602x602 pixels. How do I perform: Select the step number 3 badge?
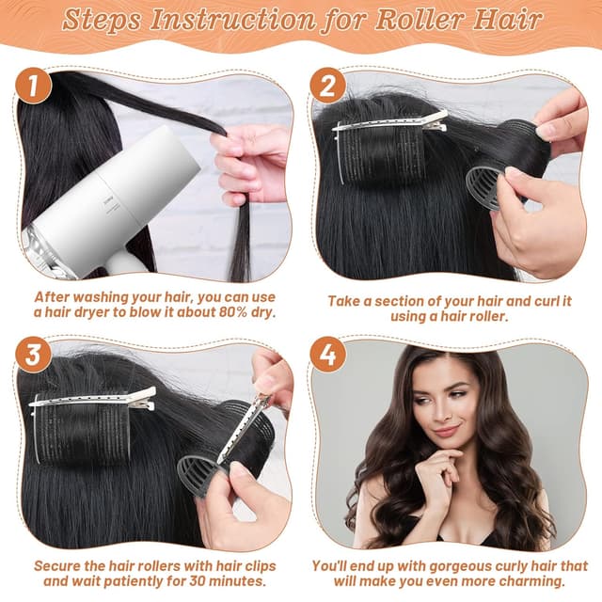click(x=35, y=355)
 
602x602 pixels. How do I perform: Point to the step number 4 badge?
click(x=328, y=355)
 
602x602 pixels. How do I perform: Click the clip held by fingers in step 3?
click(x=244, y=429)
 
